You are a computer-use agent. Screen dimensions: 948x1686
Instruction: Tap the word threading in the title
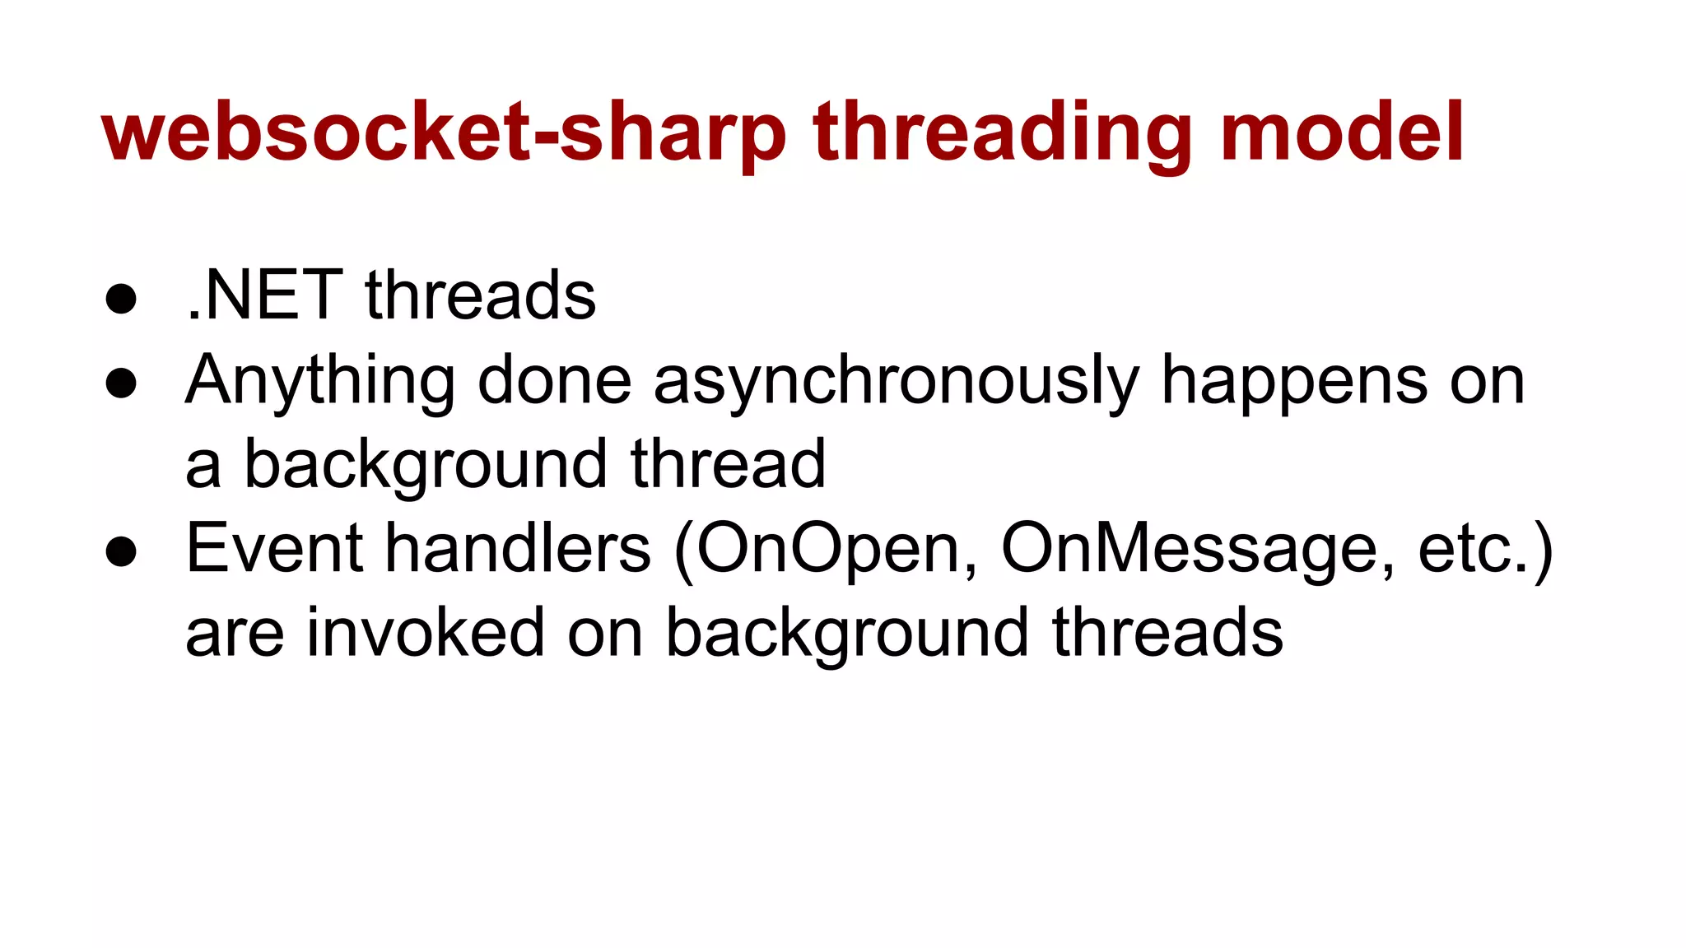pos(1003,133)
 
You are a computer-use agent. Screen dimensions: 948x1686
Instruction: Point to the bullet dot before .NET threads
pos(121,299)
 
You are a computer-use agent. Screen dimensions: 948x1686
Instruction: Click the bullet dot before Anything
pos(121,383)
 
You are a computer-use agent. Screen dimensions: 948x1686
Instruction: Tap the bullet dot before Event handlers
pos(121,551)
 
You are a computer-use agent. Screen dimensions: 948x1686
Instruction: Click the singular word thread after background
pos(728,464)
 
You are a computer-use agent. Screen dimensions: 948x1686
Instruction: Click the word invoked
pos(426,633)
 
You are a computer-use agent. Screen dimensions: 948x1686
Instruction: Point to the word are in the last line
pos(235,634)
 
